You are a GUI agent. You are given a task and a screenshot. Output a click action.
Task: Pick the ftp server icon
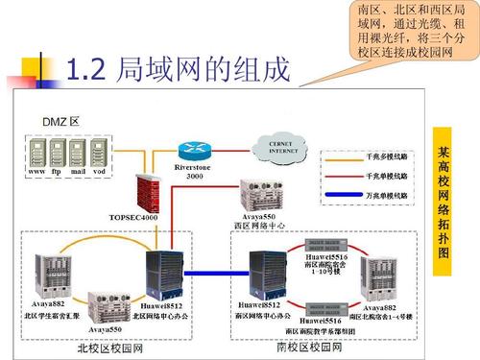click(x=59, y=151)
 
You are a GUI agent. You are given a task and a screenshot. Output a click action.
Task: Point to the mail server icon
click(x=79, y=151)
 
